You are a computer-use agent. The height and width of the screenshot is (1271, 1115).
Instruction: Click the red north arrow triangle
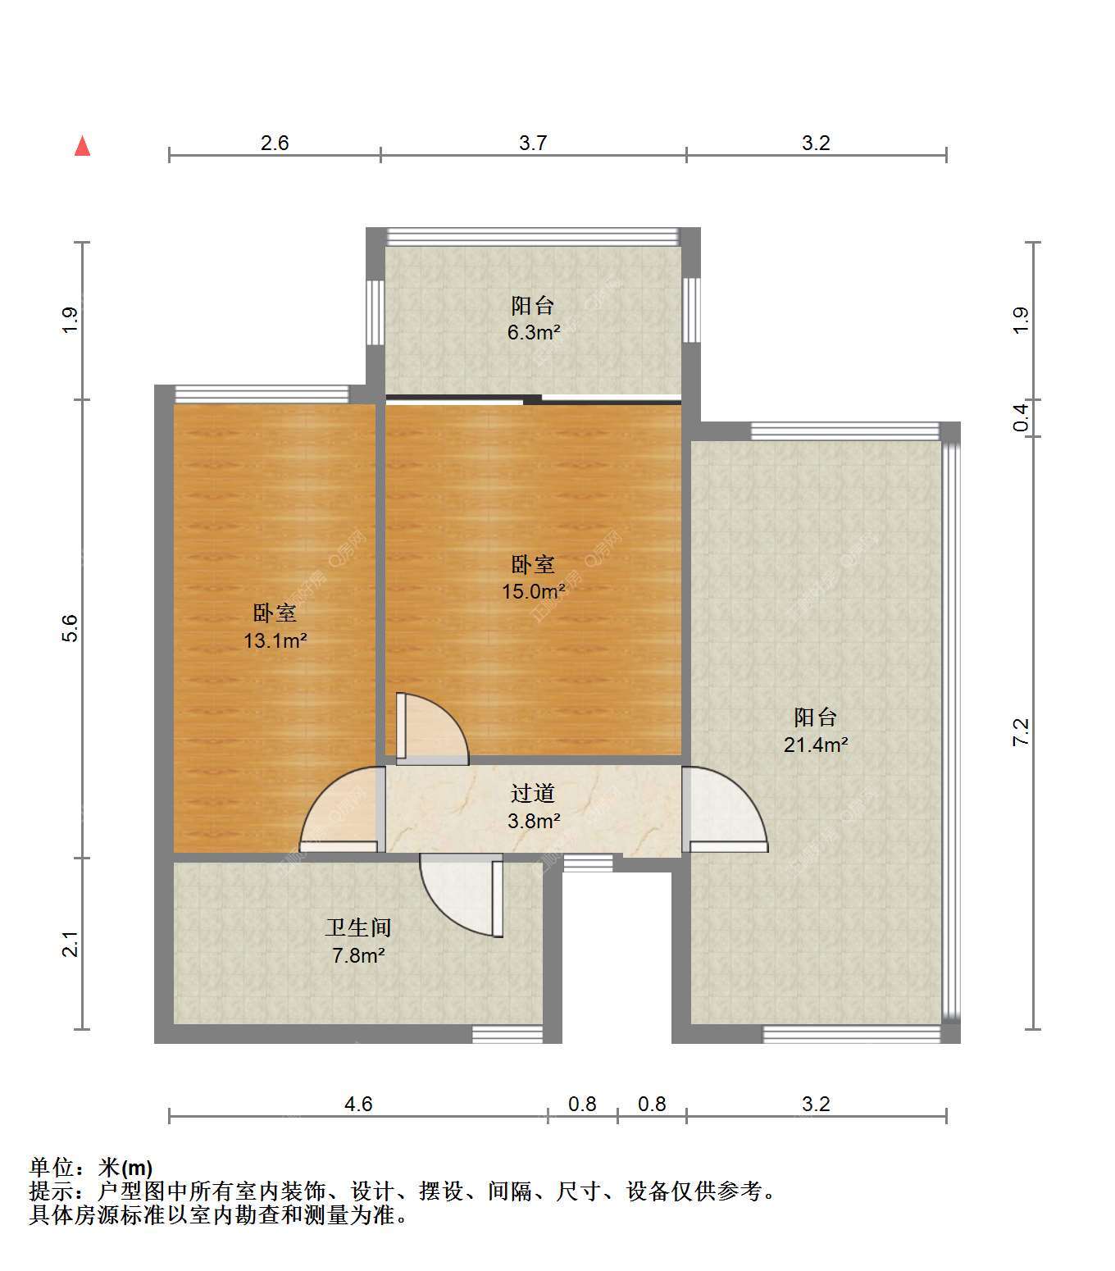coord(82,146)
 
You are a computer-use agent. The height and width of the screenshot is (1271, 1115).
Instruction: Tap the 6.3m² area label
coord(534,332)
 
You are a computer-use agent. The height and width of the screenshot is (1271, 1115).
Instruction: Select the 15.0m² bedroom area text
coord(534,591)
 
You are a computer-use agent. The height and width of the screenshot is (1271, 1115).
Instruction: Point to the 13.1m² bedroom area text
coord(275,640)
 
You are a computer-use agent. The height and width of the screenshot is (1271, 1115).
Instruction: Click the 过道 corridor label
coord(533,794)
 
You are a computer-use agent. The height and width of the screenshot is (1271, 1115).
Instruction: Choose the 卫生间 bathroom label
coord(358,928)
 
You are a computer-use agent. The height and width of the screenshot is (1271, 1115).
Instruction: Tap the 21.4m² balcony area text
coord(816,745)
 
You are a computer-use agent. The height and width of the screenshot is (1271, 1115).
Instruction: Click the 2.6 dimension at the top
coord(275,143)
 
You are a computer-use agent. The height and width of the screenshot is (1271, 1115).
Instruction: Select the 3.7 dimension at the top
coord(533,143)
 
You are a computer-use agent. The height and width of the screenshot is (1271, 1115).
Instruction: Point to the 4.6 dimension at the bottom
coord(358,1104)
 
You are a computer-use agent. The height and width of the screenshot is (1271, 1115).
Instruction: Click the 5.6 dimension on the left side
coord(71,628)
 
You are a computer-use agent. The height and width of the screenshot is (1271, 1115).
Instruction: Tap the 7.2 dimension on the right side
coord(1021,732)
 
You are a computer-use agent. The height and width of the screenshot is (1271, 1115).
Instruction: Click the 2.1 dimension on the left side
coord(71,944)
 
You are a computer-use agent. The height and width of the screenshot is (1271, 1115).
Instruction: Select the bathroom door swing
coord(462,895)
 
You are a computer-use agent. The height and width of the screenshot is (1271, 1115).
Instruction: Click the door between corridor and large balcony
coord(725,809)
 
